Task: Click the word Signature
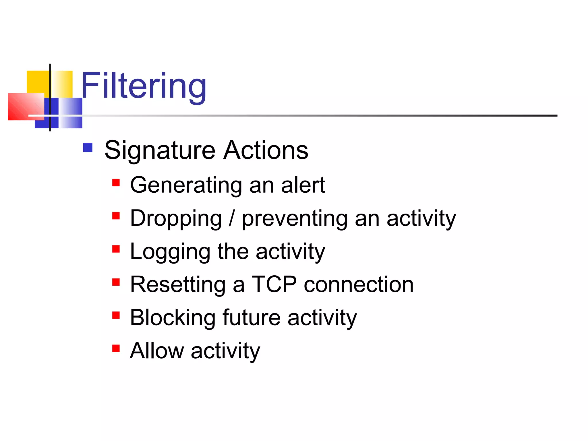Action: [x=160, y=150]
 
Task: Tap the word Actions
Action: [x=266, y=150]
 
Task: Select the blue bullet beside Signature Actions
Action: [x=88, y=148]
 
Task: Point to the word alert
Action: [x=303, y=185]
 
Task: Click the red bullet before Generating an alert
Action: [x=116, y=183]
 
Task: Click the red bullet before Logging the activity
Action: [x=116, y=249]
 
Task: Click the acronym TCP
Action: [x=274, y=284]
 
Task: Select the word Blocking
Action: [x=173, y=318]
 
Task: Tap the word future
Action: [x=252, y=318]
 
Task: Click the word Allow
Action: [x=157, y=351]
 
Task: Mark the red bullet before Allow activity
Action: [x=116, y=348]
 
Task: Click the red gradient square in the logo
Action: [x=26, y=107]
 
